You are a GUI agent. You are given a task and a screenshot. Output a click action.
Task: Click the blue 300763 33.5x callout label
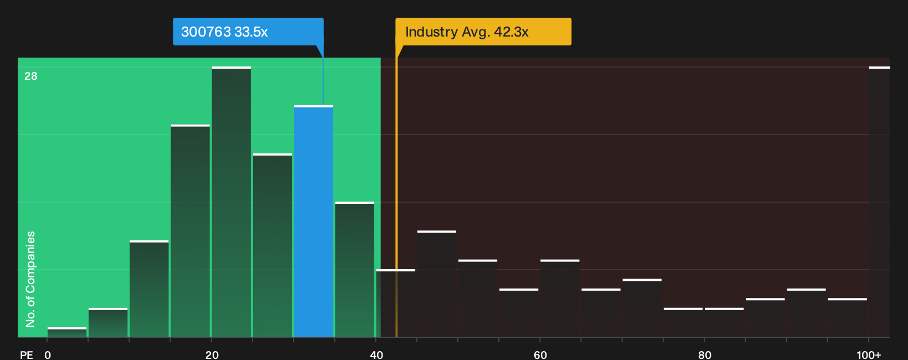(248, 32)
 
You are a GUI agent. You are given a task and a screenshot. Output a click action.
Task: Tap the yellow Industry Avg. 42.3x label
(483, 32)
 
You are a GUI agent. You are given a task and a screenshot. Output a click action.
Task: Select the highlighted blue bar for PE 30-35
(313, 222)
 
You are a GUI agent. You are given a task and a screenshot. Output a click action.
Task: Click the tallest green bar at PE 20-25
(231, 202)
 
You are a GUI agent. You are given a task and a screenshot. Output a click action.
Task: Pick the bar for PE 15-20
(190, 230)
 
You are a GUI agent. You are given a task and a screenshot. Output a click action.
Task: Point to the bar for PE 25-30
(272, 245)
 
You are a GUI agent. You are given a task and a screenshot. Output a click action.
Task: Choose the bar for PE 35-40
(355, 269)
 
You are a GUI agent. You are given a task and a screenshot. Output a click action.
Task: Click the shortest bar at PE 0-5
(67, 332)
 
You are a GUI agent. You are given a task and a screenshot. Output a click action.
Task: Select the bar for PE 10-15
(149, 289)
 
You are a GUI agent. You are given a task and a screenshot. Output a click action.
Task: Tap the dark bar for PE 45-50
(437, 284)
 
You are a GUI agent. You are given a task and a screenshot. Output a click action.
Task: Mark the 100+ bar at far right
(880, 202)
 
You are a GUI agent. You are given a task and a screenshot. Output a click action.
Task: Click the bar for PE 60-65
(560, 299)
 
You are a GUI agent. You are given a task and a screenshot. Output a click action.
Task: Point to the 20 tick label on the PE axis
(212, 355)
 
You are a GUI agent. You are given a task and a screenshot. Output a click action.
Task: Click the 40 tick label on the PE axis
(376, 355)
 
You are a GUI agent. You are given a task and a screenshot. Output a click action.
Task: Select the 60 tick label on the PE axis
(540, 355)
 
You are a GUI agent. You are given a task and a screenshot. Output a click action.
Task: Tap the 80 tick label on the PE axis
(705, 355)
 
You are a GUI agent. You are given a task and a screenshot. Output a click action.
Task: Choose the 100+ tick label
(869, 355)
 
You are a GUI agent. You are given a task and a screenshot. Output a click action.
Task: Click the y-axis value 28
(31, 76)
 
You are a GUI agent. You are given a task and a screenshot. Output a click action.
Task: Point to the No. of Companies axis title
(30, 279)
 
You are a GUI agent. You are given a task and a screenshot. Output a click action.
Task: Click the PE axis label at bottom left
(27, 355)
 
